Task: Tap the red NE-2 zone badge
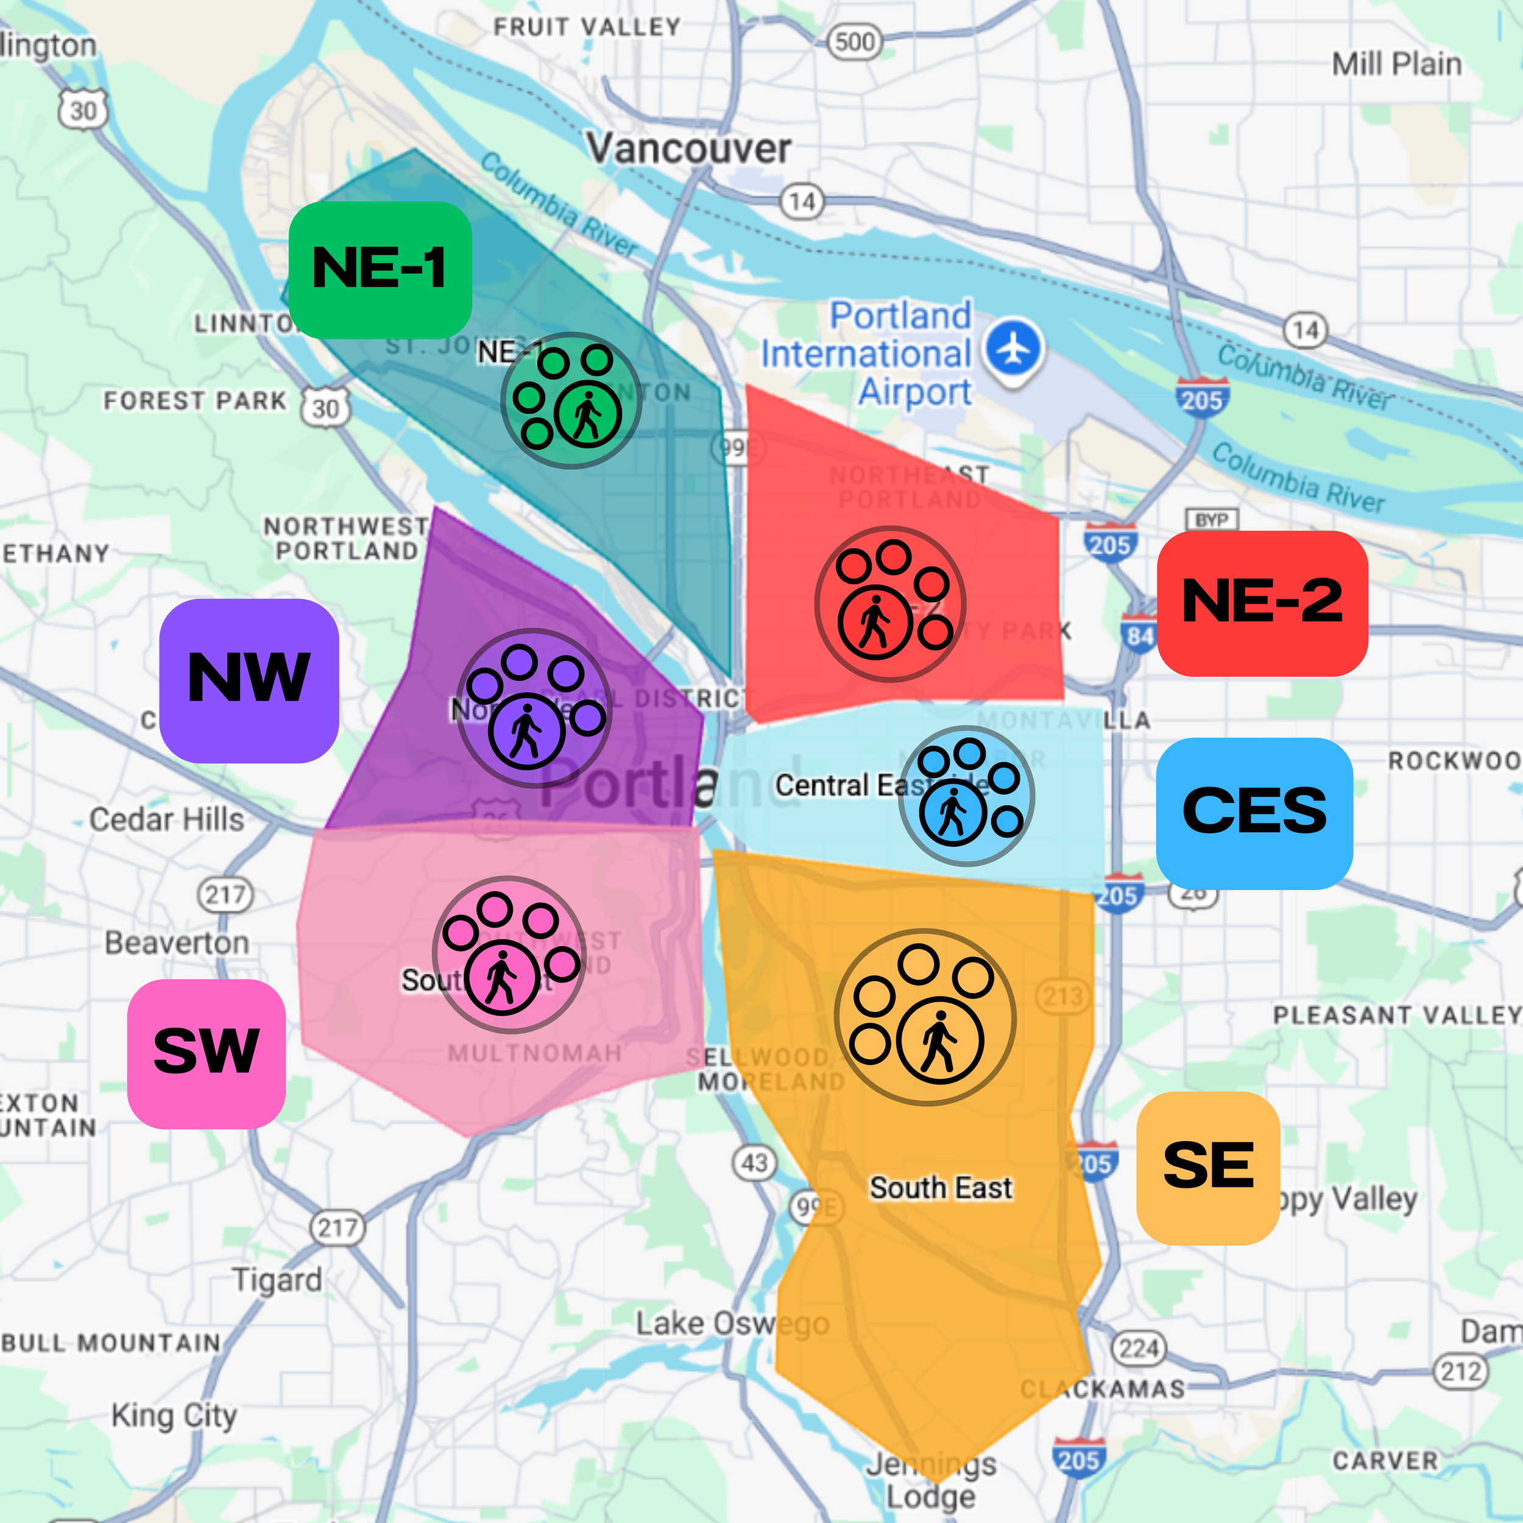[x=1261, y=603]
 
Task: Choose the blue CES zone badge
[x=1254, y=813]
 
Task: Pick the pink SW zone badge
[x=207, y=1053]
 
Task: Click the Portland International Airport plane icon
[x=1014, y=348]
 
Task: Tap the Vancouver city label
[x=688, y=148]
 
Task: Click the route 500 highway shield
[x=855, y=42]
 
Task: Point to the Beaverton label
[x=177, y=943]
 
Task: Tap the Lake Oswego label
[x=732, y=1324]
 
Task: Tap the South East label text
[x=941, y=1188]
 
